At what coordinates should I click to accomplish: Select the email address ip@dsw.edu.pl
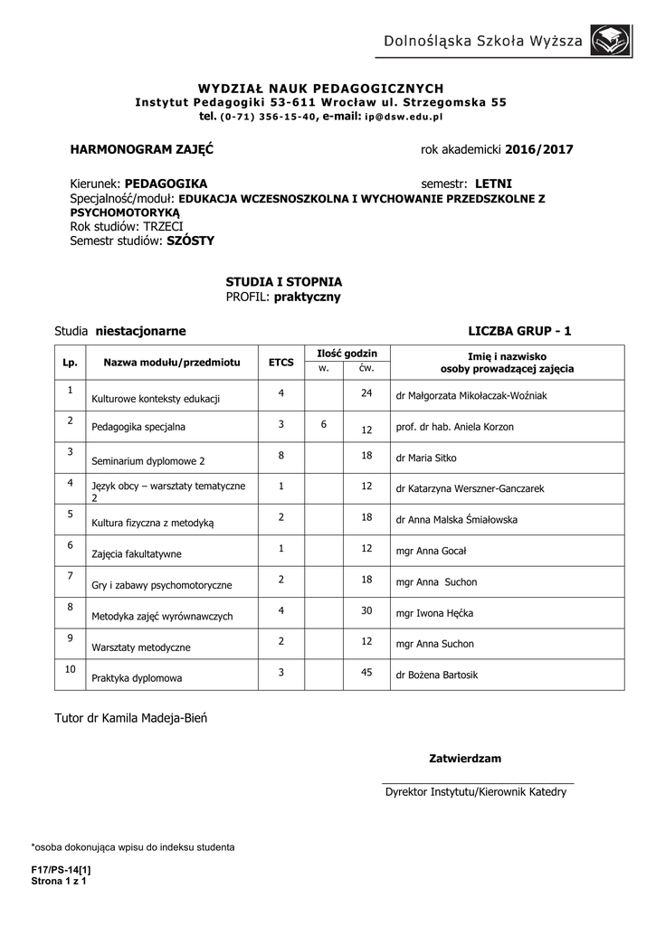tap(404, 118)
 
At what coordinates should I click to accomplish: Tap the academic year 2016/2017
tap(539, 148)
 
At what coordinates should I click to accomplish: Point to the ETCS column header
tap(281, 362)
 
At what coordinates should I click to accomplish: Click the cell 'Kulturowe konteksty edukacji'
tap(157, 398)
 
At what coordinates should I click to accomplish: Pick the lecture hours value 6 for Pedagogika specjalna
tap(323, 424)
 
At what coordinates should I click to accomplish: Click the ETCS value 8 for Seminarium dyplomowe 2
tap(281, 456)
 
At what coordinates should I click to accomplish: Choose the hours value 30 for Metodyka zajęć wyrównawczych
tap(366, 610)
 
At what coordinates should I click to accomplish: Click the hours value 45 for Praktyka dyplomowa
tap(366, 672)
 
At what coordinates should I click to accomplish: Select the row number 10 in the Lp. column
tap(70, 669)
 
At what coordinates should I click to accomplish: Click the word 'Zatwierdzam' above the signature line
tap(464, 758)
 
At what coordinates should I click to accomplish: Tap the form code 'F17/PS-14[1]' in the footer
tap(61, 869)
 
